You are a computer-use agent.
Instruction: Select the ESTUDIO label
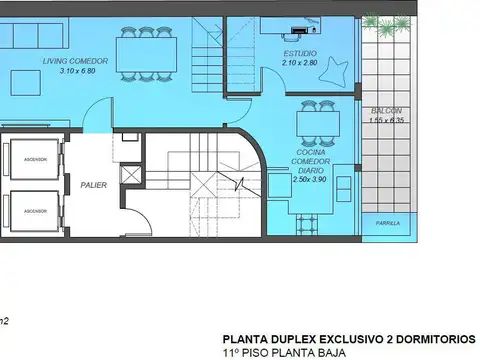tap(299, 53)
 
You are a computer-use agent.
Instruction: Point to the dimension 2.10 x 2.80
tap(299, 62)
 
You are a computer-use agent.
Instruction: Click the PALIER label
tap(96, 184)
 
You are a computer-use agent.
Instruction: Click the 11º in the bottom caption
tap(232, 354)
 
